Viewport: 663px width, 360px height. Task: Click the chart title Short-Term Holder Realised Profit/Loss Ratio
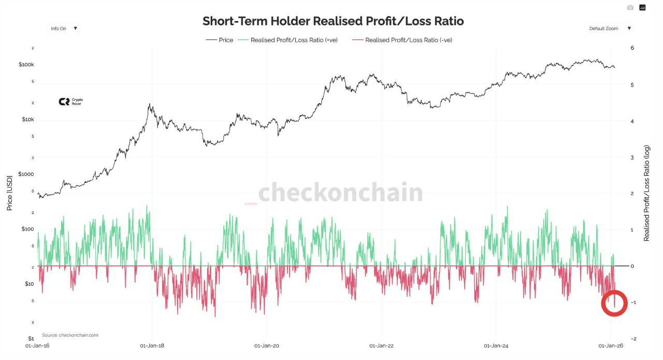click(x=333, y=21)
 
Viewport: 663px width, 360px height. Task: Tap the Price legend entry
click(x=220, y=40)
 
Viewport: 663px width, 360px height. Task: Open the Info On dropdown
click(x=64, y=28)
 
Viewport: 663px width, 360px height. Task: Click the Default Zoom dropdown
click(x=610, y=28)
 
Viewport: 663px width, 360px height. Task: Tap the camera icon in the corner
click(x=630, y=8)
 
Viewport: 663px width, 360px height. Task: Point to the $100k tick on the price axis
click(x=26, y=65)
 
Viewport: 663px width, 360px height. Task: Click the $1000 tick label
click(x=26, y=174)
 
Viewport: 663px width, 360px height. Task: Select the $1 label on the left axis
click(x=30, y=338)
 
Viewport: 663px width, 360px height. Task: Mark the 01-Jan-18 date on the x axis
click(x=152, y=345)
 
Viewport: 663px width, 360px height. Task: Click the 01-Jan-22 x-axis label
click(x=381, y=345)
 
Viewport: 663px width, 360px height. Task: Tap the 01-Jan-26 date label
click(x=611, y=345)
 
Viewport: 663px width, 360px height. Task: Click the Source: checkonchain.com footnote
click(x=70, y=335)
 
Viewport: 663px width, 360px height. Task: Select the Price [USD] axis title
click(x=10, y=192)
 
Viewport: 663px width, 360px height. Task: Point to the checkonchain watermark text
click(x=340, y=193)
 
